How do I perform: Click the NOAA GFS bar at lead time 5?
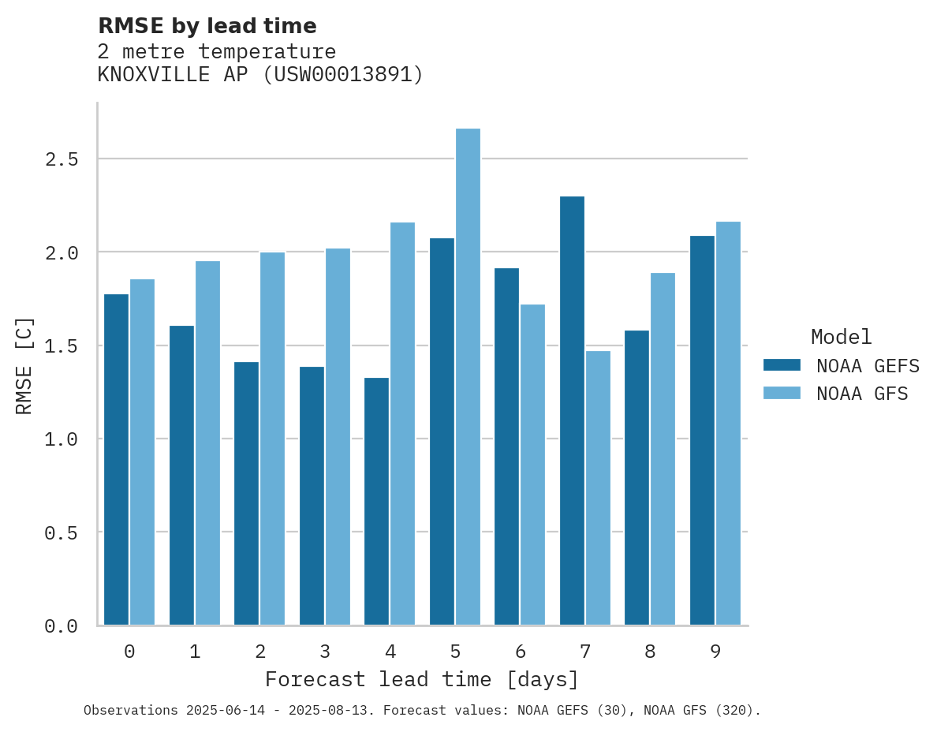[468, 377]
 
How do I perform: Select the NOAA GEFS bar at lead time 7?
[572, 411]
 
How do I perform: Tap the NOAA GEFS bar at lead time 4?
[376, 502]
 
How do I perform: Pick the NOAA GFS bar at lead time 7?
[598, 488]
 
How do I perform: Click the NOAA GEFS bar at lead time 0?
[116, 460]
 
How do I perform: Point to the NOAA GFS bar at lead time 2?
[272, 439]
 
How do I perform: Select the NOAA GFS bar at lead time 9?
[728, 424]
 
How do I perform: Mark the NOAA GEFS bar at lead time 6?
[506, 446]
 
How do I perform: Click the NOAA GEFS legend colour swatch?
[782, 365]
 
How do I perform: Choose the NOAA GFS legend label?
[862, 394]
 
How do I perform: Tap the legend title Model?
[841, 337]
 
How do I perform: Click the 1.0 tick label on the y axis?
[61, 439]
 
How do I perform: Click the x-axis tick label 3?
[325, 652]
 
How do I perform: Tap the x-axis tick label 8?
[650, 652]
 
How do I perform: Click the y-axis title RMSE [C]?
[24, 365]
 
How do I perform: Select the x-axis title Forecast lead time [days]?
[422, 679]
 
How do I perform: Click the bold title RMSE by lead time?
[207, 26]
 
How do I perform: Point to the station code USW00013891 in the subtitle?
[342, 75]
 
